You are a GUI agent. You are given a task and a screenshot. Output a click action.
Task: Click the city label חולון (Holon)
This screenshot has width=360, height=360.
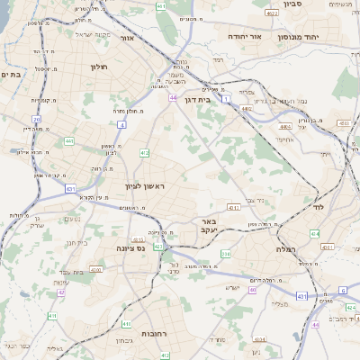(x=100, y=67)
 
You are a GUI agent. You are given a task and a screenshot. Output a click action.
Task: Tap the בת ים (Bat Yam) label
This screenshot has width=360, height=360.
(x=12, y=75)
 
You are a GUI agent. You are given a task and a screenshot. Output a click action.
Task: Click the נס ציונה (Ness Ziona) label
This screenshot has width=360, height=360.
(x=130, y=248)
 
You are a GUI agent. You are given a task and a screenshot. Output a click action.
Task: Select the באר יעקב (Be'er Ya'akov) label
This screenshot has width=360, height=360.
(x=208, y=225)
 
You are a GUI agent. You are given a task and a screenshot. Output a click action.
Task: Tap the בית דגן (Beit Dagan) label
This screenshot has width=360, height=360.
(x=196, y=100)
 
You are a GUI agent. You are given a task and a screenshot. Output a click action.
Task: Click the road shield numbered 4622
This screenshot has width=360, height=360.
(x=273, y=13)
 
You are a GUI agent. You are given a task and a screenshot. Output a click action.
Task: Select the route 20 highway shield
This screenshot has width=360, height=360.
(x=36, y=119)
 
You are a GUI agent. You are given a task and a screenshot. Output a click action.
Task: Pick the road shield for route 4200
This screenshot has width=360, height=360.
(x=95, y=268)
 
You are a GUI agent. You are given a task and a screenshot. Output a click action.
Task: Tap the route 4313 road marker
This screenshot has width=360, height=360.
(x=234, y=208)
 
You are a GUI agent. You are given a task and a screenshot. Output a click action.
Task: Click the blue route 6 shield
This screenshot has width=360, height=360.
(x=343, y=290)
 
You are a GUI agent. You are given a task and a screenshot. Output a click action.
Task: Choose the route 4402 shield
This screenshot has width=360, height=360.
(x=247, y=108)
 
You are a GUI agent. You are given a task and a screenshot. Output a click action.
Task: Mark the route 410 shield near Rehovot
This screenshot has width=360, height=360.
(x=127, y=323)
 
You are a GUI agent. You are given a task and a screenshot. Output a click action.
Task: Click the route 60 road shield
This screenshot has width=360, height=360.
(x=253, y=290)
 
